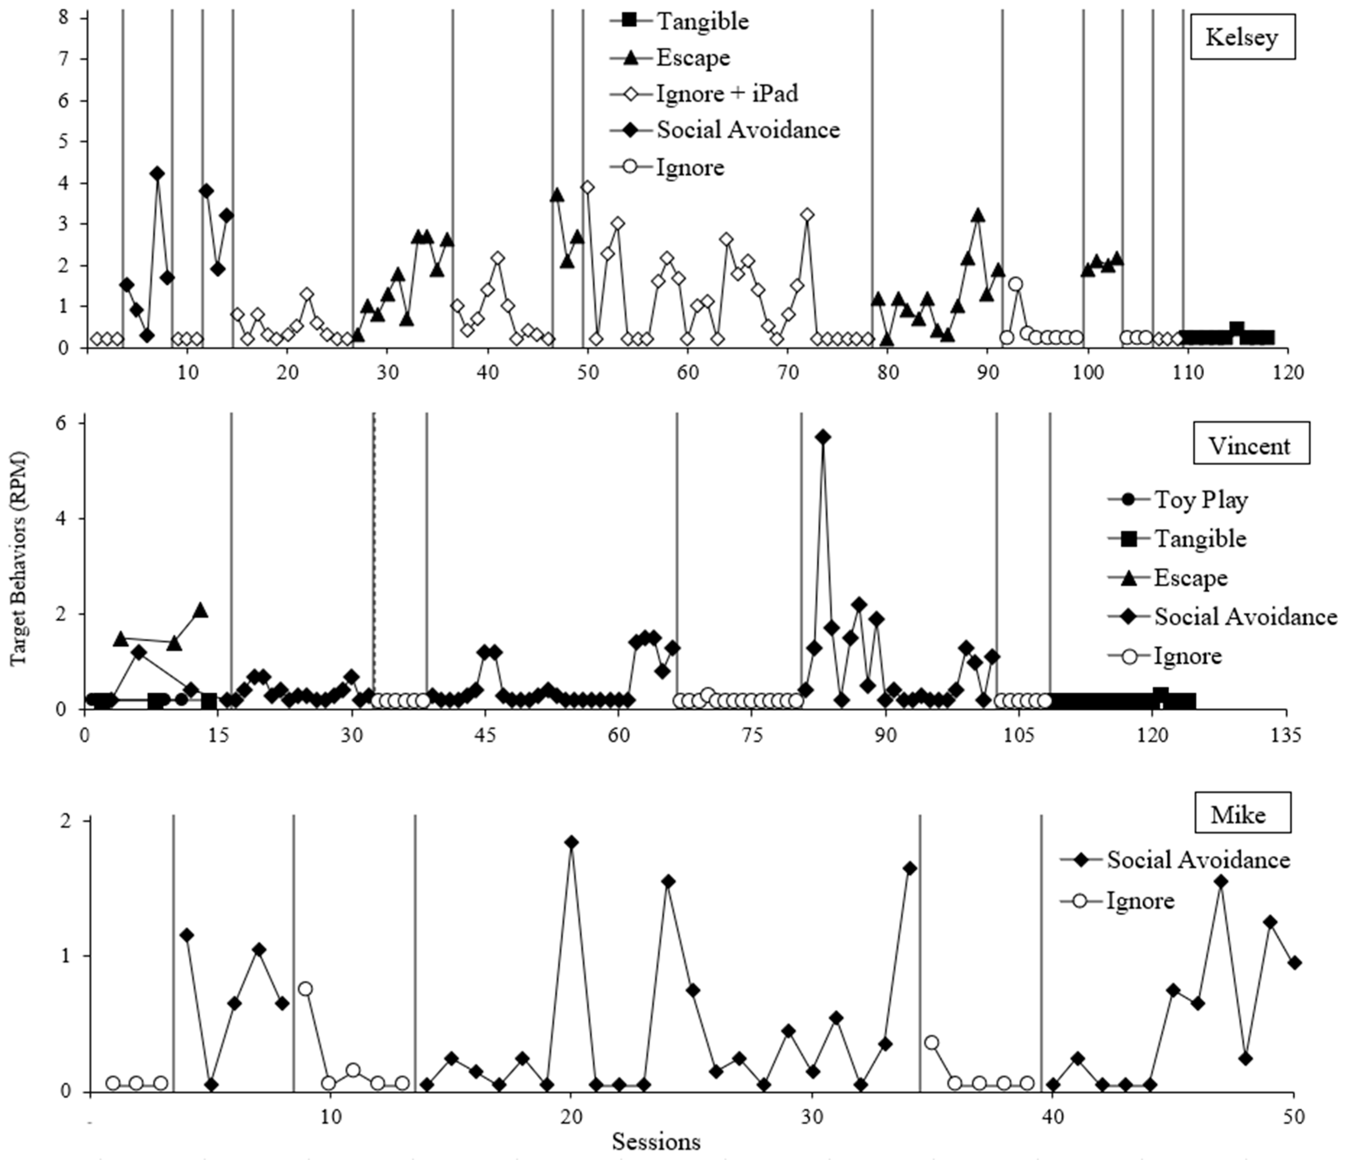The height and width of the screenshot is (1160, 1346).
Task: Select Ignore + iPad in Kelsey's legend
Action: coord(726,94)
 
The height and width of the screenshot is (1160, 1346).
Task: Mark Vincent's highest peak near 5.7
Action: coord(823,437)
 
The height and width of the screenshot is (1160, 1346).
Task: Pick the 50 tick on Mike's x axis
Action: coord(1293,1117)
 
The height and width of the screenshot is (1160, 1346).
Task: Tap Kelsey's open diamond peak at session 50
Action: coord(587,187)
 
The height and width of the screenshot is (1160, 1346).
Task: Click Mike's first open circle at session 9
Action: coord(305,989)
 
